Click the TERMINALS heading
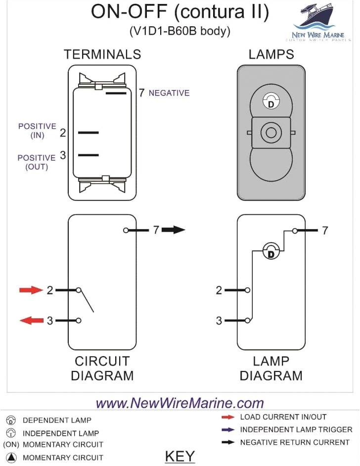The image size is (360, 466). pyautogui.click(x=102, y=54)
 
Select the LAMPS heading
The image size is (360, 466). pyautogui.click(x=271, y=54)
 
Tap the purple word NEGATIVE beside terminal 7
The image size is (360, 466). pyautogui.click(x=169, y=93)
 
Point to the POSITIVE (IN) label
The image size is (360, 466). pyautogui.click(x=37, y=130)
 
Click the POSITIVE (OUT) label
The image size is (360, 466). pyautogui.click(x=37, y=162)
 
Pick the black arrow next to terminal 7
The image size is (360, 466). pyautogui.click(x=173, y=230)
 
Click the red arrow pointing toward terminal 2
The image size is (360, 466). pyautogui.click(x=31, y=290)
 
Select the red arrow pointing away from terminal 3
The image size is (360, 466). pyautogui.click(x=31, y=321)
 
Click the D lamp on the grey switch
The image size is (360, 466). pyautogui.click(x=270, y=102)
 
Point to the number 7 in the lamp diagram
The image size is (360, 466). pyautogui.click(x=325, y=231)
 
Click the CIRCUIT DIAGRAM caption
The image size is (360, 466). pyautogui.click(x=102, y=368)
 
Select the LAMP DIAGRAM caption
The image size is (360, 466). pyautogui.click(x=271, y=368)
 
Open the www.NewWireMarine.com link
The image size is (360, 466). pyautogui.click(x=180, y=403)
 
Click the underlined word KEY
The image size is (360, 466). pyautogui.click(x=180, y=456)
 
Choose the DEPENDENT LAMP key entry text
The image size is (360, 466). pyautogui.click(x=57, y=420)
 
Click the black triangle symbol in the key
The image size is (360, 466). pyautogui.click(x=11, y=458)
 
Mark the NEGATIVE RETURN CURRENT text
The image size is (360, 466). pyautogui.click(x=295, y=442)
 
